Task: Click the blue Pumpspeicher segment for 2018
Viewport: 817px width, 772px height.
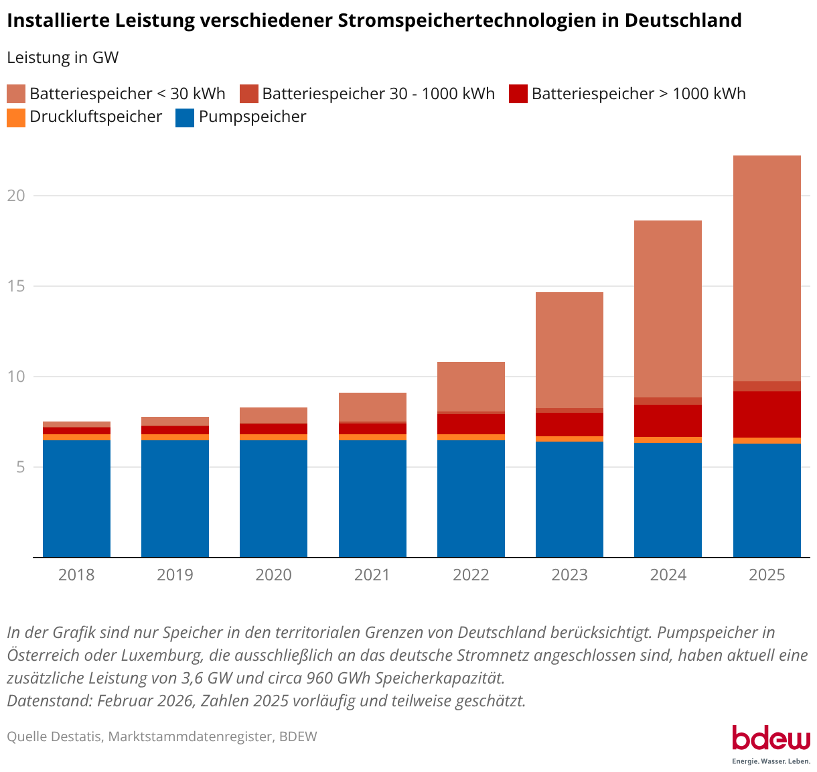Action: (x=76, y=499)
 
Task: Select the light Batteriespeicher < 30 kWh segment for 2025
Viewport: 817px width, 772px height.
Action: (x=767, y=268)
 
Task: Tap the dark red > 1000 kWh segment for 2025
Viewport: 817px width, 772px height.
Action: (x=767, y=414)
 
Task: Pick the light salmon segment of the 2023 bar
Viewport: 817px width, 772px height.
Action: (x=569, y=350)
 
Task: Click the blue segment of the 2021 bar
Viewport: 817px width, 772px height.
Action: (x=372, y=499)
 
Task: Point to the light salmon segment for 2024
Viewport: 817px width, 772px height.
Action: (x=668, y=308)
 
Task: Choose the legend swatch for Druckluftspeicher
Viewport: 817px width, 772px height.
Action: (x=16, y=118)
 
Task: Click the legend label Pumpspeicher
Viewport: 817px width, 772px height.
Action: (x=252, y=117)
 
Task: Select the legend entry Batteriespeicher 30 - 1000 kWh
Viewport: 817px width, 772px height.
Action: (x=378, y=94)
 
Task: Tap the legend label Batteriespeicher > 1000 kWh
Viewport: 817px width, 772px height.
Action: (x=638, y=94)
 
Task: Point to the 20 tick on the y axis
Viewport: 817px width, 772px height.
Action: (x=16, y=196)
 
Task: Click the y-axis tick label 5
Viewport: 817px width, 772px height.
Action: (x=20, y=466)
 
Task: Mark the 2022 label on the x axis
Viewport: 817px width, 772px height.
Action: (x=471, y=575)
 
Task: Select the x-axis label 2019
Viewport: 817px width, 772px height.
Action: (x=175, y=575)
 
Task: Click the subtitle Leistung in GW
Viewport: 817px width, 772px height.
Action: (x=63, y=58)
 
